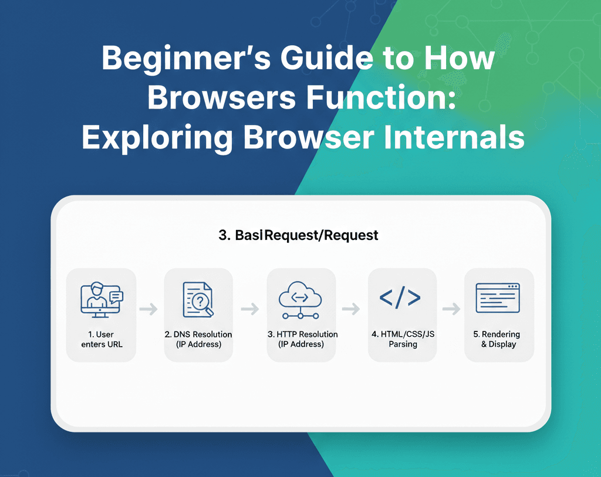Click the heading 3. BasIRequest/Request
[298, 236]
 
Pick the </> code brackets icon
[400, 298]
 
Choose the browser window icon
[498, 298]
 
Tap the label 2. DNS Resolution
[198, 339]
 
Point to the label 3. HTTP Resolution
[302, 339]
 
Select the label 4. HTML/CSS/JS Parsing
[403, 339]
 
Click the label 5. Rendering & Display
[498, 339]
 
